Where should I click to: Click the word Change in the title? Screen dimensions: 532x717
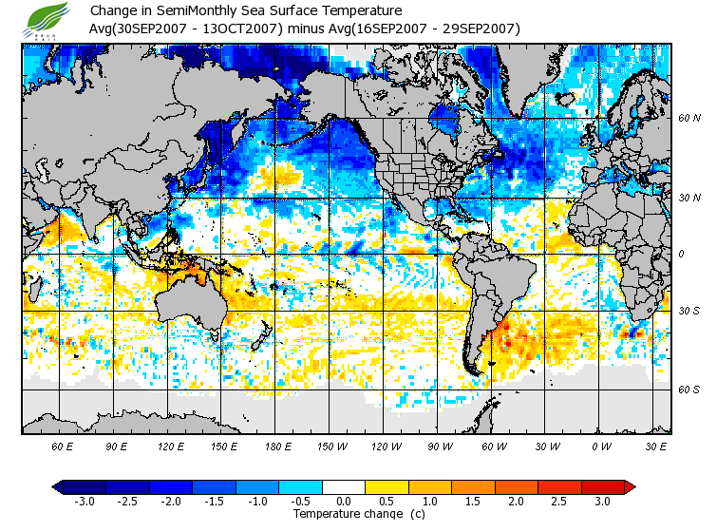(x=112, y=11)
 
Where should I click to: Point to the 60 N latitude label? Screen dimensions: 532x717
(x=689, y=119)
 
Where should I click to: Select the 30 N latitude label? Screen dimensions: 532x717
(x=689, y=198)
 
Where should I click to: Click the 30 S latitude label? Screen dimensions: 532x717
(x=689, y=311)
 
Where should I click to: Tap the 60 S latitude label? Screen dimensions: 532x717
(x=689, y=389)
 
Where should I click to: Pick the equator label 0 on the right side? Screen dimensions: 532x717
(x=681, y=254)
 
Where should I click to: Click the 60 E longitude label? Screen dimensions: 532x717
(x=63, y=446)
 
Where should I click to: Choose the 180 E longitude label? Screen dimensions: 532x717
(x=278, y=446)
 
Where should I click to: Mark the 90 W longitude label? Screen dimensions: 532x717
(x=440, y=446)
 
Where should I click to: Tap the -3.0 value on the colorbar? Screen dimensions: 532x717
(x=85, y=501)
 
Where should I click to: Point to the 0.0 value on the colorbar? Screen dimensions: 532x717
(x=344, y=501)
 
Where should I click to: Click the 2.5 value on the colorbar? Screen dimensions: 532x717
(x=559, y=501)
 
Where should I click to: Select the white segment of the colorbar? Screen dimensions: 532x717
(x=344, y=486)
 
